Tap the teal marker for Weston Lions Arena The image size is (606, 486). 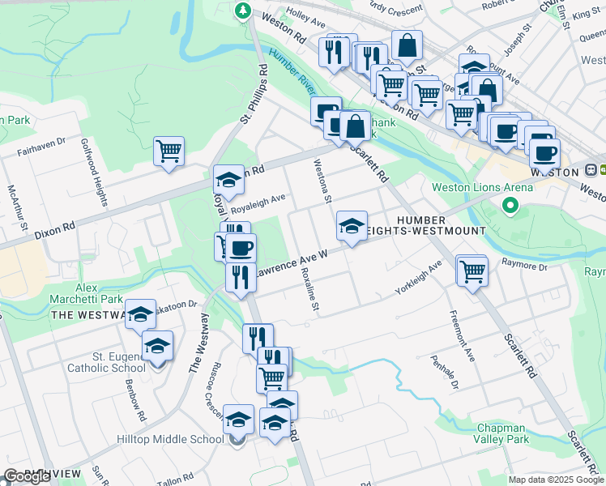pos(510,206)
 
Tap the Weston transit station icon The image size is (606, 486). pos(592,172)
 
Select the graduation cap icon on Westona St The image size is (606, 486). pos(352,226)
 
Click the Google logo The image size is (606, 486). pos(28,476)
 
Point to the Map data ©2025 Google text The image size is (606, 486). pos(556,480)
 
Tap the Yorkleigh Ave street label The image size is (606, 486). pos(418,277)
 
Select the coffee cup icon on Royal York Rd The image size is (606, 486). pos(241,247)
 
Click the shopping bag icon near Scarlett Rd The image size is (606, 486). pos(355,126)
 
